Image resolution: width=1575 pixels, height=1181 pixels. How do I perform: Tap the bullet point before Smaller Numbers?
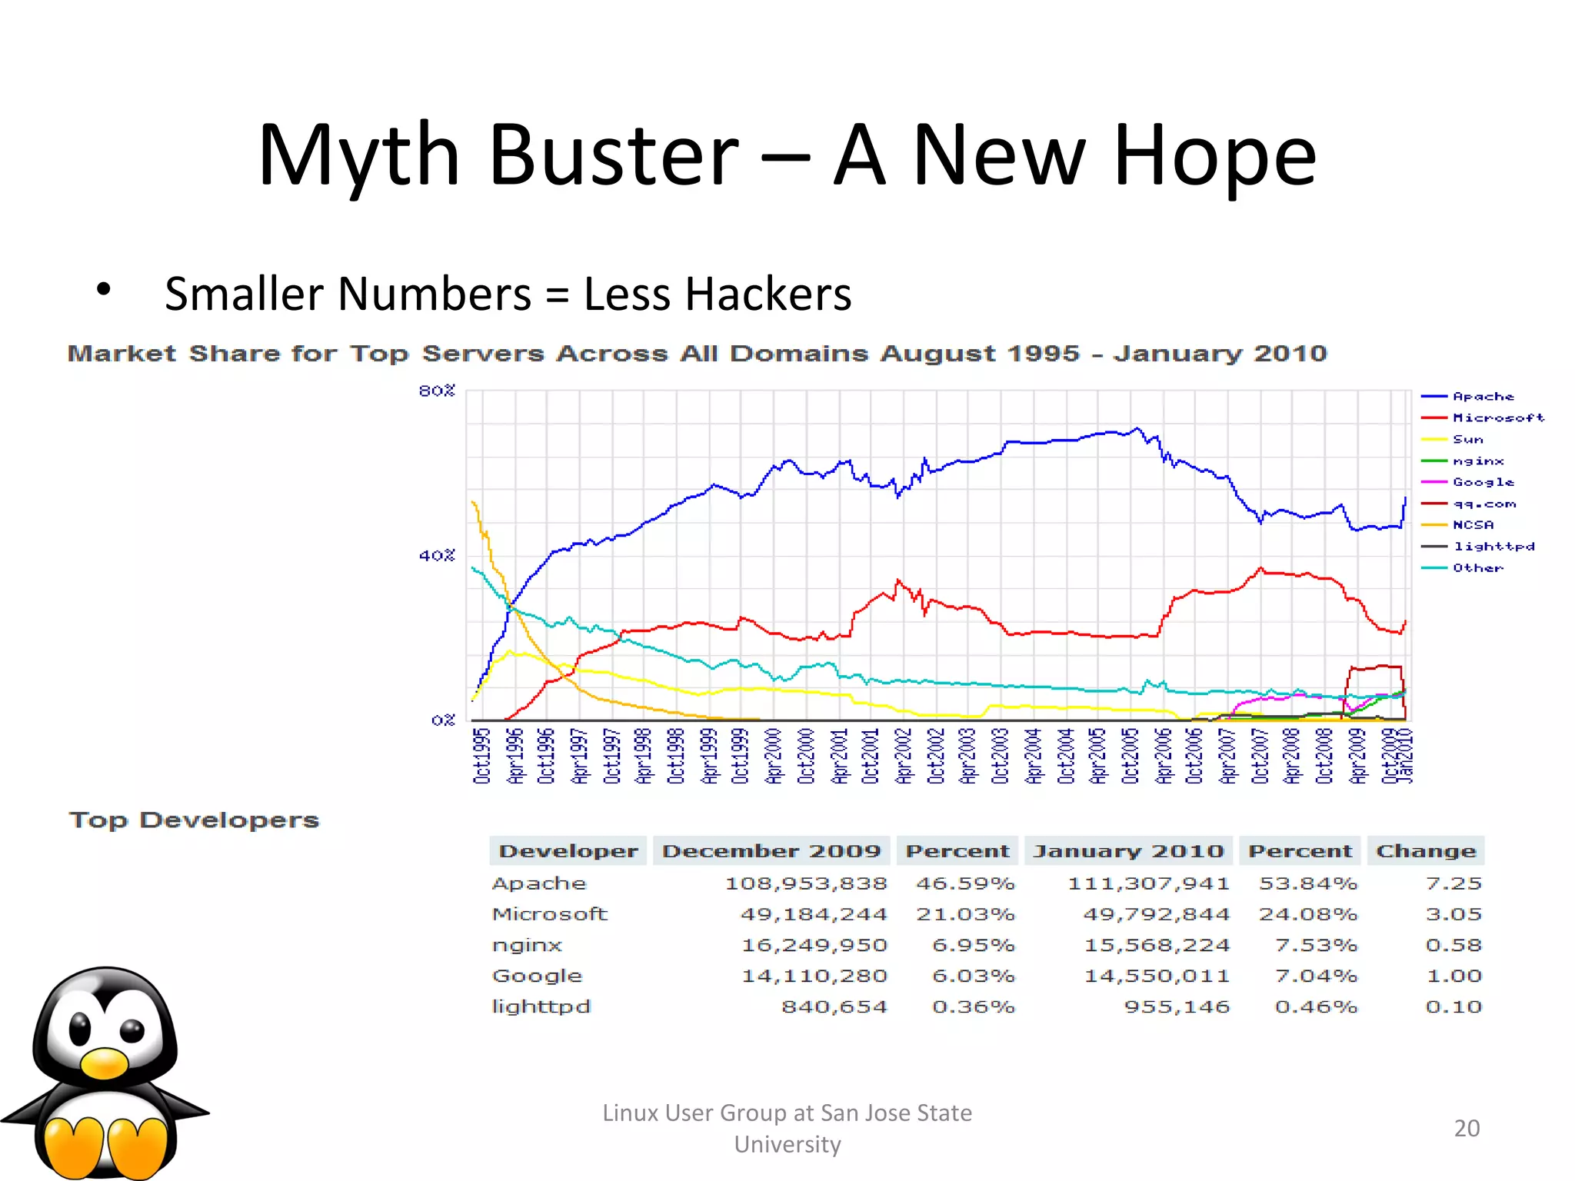click(x=104, y=291)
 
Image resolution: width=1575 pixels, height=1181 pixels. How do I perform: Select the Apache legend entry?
click(x=1483, y=397)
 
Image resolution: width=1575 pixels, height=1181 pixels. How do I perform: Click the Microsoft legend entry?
click(x=1497, y=418)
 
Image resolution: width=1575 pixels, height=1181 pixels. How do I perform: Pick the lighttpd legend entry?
click(x=1493, y=547)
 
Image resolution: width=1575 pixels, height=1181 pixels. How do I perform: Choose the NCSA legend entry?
click(x=1473, y=525)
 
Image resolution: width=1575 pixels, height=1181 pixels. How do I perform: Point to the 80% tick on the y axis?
click(x=437, y=391)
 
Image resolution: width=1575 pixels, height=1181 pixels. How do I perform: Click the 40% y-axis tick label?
click(x=437, y=555)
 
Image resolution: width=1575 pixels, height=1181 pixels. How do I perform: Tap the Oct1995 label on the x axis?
click(x=481, y=756)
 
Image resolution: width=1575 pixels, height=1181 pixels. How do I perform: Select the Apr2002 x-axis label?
click(x=904, y=756)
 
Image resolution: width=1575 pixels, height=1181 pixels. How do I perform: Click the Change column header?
click(x=1426, y=851)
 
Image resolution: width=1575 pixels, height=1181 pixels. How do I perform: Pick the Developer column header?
click(x=568, y=851)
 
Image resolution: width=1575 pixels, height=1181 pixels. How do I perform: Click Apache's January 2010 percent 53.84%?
click(x=1307, y=883)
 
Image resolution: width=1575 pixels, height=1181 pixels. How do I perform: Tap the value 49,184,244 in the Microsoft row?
click(x=814, y=914)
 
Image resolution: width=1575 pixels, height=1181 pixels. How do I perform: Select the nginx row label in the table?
click(x=528, y=945)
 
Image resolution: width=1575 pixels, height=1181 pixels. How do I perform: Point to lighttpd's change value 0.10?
click(x=1453, y=1006)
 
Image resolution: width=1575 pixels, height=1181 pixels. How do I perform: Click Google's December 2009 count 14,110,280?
click(x=814, y=976)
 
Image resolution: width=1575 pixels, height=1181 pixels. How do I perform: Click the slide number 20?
click(x=1467, y=1128)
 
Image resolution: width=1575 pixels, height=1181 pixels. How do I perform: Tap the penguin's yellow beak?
click(x=105, y=1063)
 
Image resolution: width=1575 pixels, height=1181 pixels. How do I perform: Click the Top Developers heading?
click(x=194, y=820)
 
